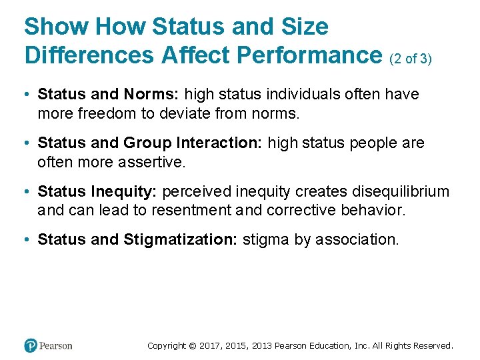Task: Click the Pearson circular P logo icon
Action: coord(31,345)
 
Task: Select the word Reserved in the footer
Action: coord(432,345)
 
